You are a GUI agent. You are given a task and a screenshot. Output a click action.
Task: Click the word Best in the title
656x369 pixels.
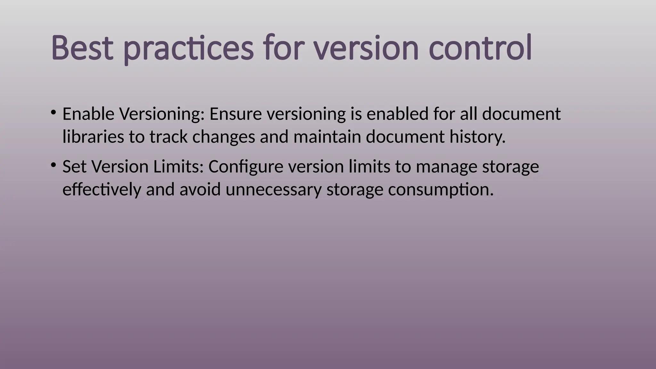(82, 48)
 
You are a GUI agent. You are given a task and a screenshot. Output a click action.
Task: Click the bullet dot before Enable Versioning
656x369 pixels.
(53, 112)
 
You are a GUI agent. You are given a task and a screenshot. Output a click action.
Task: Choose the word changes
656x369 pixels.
(224, 137)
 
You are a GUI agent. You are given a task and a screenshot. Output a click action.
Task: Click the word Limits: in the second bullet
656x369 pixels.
(178, 167)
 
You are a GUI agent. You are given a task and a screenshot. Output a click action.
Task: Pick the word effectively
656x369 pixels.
(102, 190)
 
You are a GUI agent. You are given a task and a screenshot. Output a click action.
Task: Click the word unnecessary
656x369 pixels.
(273, 190)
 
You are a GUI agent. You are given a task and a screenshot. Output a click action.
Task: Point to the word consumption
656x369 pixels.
(441, 190)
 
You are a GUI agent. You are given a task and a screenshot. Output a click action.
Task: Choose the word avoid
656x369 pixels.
(200, 190)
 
